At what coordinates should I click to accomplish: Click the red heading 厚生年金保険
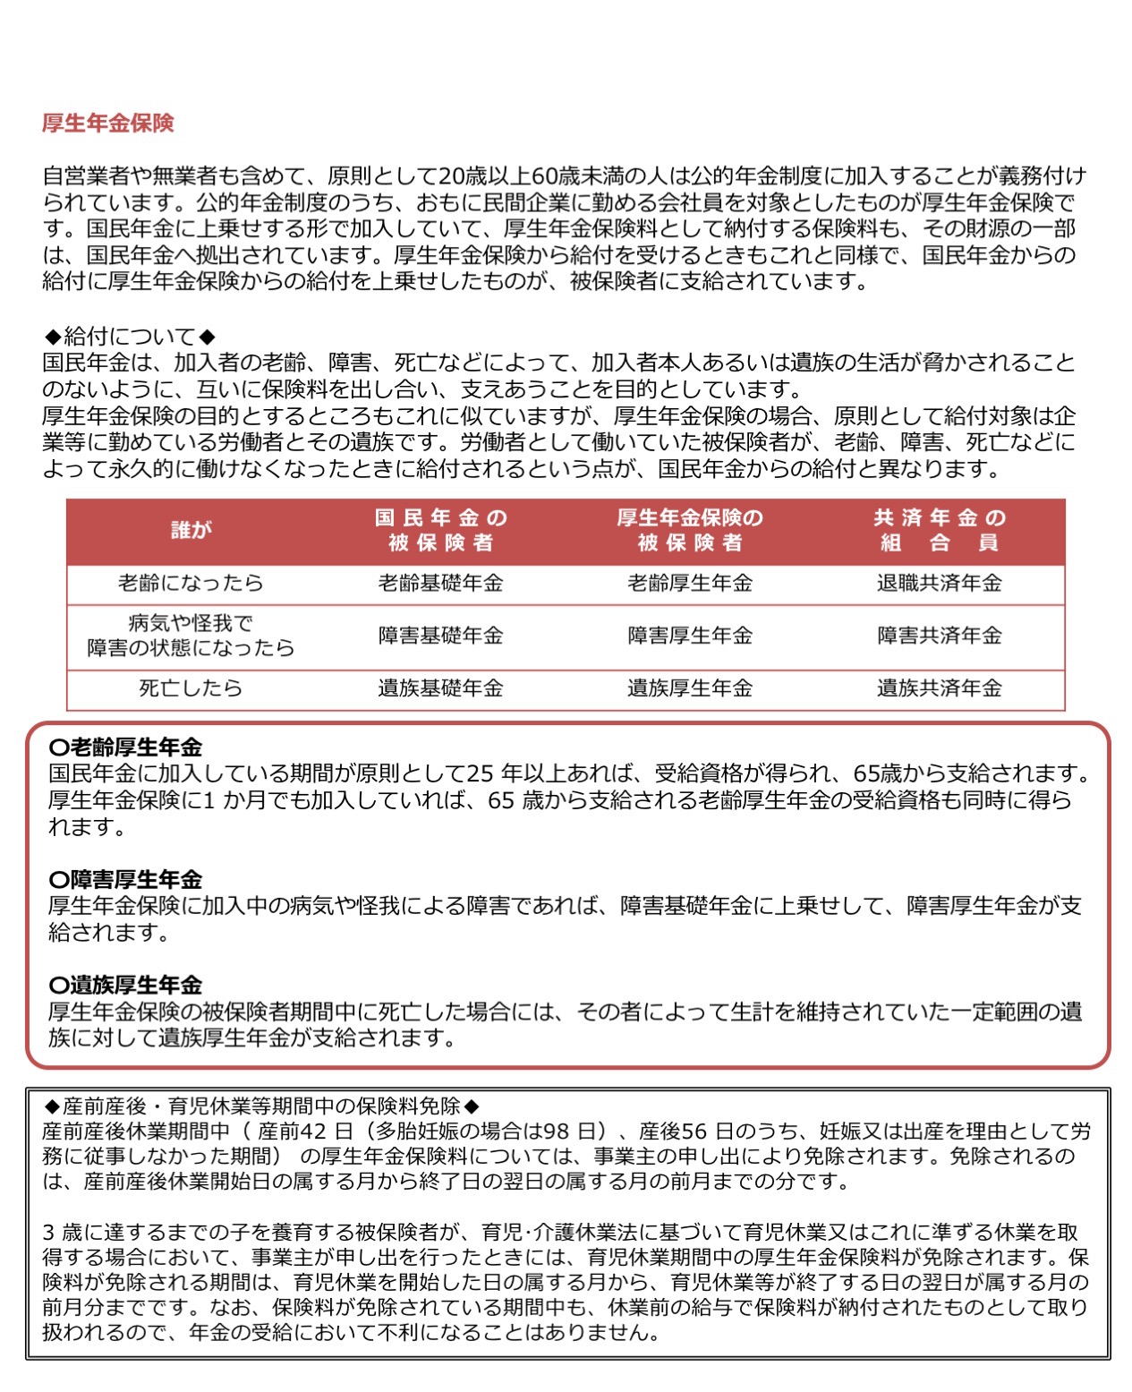pyautogui.click(x=107, y=124)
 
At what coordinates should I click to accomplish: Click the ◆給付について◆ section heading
pyautogui.click(x=131, y=337)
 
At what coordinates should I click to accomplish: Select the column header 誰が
pyautogui.click(x=191, y=530)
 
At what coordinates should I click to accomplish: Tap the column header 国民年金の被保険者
pyautogui.click(x=440, y=530)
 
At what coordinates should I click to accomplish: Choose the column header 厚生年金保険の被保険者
pyautogui.click(x=689, y=530)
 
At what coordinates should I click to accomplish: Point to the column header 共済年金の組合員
pyautogui.click(x=939, y=530)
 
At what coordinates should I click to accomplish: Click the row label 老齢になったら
pyautogui.click(x=191, y=584)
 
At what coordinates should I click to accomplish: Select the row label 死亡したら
pyautogui.click(x=191, y=688)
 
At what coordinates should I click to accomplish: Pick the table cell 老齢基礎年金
pyautogui.click(x=440, y=584)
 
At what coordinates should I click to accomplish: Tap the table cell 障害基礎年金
pyautogui.click(x=440, y=636)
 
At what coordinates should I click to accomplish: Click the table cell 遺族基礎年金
pyautogui.click(x=440, y=688)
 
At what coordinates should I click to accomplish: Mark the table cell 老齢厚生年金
pyautogui.click(x=689, y=584)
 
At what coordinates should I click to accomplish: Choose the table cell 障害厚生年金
pyautogui.click(x=689, y=636)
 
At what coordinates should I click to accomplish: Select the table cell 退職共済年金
pyautogui.click(x=939, y=584)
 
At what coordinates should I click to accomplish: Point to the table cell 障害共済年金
pyautogui.click(x=939, y=636)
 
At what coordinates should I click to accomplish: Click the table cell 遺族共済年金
pyautogui.click(x=939, y=688)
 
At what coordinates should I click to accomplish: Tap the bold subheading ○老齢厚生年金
pyautogui.click(x=126, y=747)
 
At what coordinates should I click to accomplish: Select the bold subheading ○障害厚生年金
pyautogui.click(x=126, y=880)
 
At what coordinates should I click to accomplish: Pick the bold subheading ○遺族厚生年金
pyautogui.click(x=126, y=986)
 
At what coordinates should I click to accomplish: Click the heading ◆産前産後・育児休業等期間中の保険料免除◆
pyautogui.click(x=261, y=1106)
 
